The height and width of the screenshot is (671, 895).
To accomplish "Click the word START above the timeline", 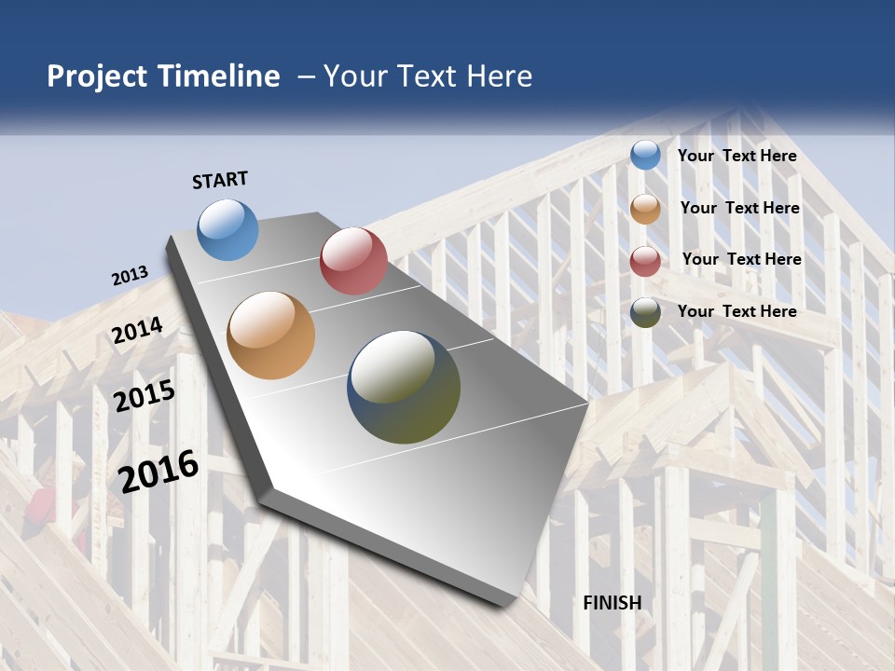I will [220, 180].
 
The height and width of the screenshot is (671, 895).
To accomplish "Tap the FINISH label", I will [613, 603].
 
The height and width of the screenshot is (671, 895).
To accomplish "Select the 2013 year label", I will [131, 276].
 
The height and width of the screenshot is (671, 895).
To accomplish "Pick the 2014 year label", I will [138, 330].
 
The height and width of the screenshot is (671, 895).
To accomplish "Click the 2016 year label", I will [158, 471].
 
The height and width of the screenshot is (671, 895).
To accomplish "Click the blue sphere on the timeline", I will [228, 229].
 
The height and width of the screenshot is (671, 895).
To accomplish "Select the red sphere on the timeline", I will [353, 261].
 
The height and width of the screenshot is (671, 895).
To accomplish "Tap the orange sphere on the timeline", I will [271, 335].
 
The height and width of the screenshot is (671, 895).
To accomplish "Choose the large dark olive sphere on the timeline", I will [404, 387].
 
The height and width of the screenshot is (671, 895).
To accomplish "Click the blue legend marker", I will [645, 155].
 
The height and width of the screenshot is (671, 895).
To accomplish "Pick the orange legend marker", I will [645, 209].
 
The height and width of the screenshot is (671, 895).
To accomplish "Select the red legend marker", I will [645, 261].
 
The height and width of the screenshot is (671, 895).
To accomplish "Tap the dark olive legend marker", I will [645, 312].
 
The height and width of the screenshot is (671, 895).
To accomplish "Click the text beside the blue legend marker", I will [737, 156].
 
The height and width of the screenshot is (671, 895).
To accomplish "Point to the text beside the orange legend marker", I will [739, 208].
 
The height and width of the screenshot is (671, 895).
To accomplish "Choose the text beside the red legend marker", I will [741, 259].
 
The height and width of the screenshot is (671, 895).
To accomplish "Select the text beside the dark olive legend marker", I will [737, 311].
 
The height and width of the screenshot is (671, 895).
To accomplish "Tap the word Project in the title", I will [98, 76].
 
